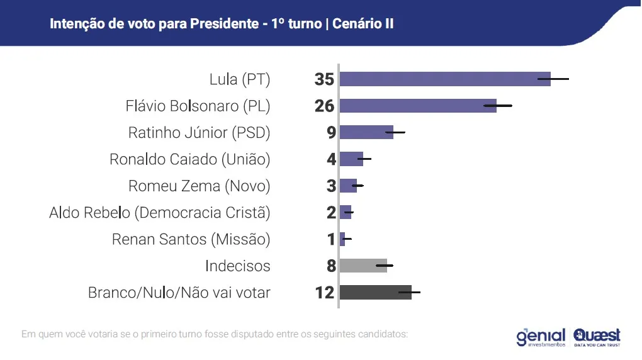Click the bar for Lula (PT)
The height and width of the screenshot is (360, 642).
click(x=444, y=79)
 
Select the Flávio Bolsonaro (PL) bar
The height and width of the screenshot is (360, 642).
click(x=417, y=106)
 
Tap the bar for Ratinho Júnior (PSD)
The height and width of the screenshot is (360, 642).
click(x=366, y=132)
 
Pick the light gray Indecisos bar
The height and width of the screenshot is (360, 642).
click(x=363, y=266)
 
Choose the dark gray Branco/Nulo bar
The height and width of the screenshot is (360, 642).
click(x=374, y=292)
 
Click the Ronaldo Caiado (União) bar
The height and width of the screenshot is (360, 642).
click(x=351, y=159)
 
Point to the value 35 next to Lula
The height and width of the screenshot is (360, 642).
click(x=324, y=79)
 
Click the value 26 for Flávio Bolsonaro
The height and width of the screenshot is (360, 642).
click(x=324, y=106)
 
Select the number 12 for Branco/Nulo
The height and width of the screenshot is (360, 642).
click(x=324, y=293)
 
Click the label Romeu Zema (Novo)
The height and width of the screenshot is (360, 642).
click(x=199, y=186)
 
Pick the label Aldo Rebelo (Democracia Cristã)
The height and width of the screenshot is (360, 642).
click(x=159, y=213)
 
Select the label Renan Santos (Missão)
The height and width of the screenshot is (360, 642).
click(x=191, y=240)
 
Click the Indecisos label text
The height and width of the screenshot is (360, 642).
click(x=238, y=266)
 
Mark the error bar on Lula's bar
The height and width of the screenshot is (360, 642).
click(x=553, y=79)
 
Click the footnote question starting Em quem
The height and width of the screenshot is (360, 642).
click(x=215, y=334)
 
